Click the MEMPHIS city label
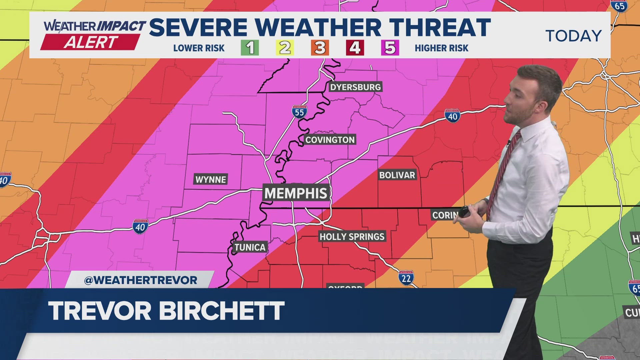(296, 193)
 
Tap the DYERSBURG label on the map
(355, 87)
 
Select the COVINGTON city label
(330, 140)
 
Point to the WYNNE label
(211, 179)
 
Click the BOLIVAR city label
(397, 175)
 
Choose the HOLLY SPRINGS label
(352, 237)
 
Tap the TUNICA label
(250, 247)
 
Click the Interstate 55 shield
(299, 112)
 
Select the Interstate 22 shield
(406, 278)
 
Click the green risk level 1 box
(250, 48)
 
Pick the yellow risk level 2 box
(285, 48)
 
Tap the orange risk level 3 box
(320, 48)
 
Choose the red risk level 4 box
(355, 48)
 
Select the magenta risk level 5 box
(390, 48)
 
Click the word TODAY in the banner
(573, 36)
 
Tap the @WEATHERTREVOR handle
(141, 280)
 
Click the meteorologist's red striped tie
(503, 170)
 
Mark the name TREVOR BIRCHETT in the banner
(166, 311)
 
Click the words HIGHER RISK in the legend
(441, 48)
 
